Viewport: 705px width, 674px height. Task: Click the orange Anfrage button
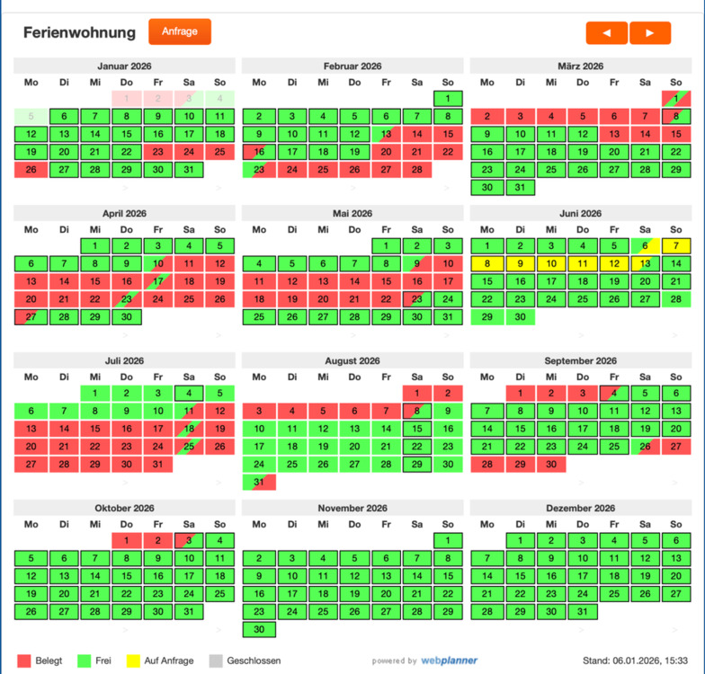[180, 31]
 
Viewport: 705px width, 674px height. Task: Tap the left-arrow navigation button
[607, 32]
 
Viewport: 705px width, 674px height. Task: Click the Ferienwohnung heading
[79, 32]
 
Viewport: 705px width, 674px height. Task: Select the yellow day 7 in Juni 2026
[676, 245]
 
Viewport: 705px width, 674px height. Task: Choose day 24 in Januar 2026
[189, 152]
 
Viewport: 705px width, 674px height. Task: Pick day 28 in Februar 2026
[416, 169]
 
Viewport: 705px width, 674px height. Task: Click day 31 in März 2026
[519, 187]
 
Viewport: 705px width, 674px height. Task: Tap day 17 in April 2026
[158, 281]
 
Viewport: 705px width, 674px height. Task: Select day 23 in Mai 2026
[416, 299]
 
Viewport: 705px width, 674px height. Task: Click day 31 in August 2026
[259, 483]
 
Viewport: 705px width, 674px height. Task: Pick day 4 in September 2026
[613, 393]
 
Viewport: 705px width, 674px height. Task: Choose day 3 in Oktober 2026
[189, 540]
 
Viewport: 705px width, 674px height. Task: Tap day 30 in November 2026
[259, 629]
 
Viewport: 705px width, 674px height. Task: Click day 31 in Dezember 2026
[583, 611]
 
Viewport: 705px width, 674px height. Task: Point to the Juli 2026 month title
[124, 361]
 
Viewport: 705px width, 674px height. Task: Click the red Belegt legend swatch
[24, 661]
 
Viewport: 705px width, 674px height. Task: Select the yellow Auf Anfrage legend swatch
[132, 661]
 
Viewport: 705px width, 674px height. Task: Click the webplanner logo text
[449, 661]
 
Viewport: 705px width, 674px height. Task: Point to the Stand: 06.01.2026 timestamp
[635, 661]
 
